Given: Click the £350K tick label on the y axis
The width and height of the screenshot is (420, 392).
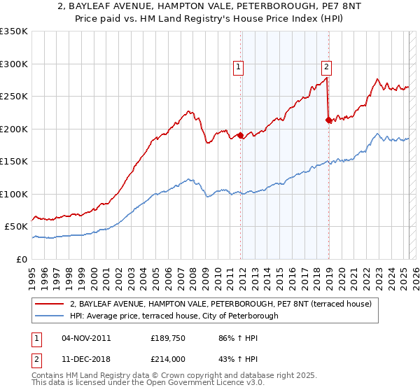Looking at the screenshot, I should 13,31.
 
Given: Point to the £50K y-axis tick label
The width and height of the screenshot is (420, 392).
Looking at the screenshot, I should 16,227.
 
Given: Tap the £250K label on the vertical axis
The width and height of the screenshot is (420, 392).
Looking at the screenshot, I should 13,97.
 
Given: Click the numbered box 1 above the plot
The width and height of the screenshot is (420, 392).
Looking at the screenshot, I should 239,67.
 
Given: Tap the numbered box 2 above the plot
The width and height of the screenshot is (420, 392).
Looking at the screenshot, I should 327,67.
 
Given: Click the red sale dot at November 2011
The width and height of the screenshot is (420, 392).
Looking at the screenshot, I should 240,136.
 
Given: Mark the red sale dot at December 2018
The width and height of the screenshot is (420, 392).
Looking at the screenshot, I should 328,120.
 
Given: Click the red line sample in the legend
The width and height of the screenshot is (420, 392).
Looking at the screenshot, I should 49,304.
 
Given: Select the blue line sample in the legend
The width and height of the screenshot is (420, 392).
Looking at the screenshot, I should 49,316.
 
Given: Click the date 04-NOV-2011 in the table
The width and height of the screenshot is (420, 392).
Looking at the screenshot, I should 86,337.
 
